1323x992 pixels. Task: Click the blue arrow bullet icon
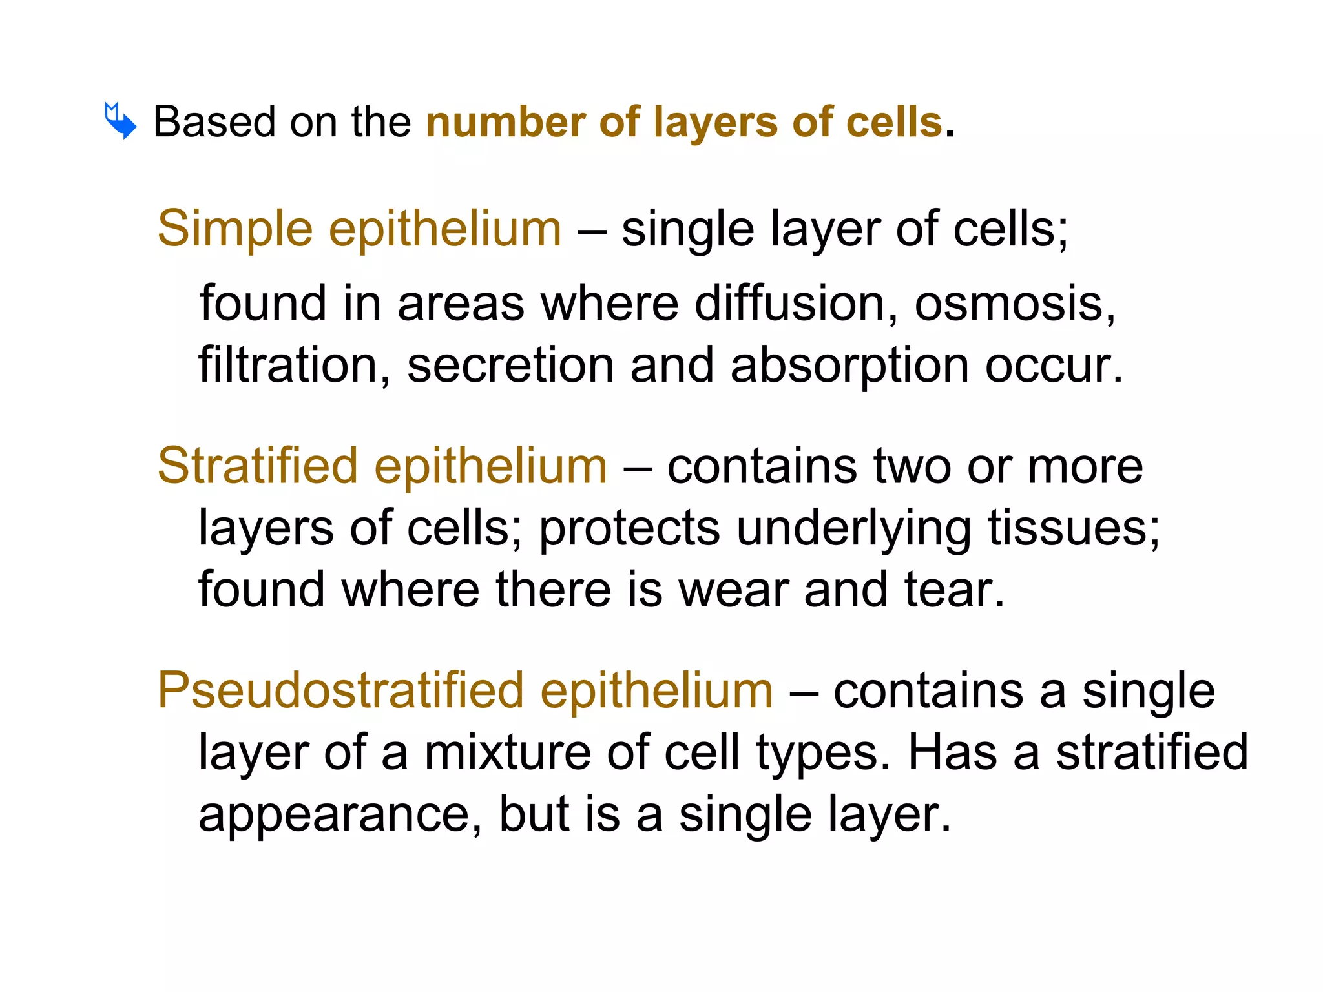tap(120, 121)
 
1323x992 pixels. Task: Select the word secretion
tap(510, 365)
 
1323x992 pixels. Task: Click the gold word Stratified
tap(258, 466)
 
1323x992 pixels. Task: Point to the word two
tap(912, 466)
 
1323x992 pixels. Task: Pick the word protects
tap(629, 528)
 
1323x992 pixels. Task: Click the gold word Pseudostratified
tap(340, 690)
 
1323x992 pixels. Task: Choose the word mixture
tap(507, 752)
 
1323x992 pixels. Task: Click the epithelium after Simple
tap(445, 229)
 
